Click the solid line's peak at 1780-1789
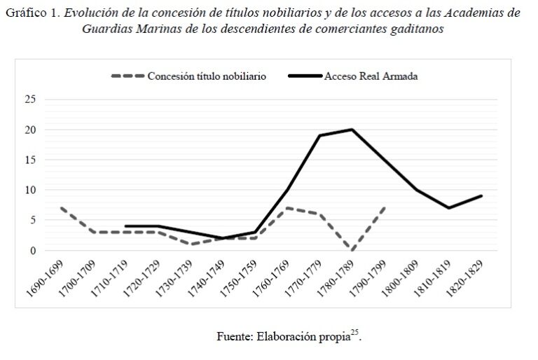352,130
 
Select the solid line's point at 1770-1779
320,135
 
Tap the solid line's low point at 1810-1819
448,208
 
